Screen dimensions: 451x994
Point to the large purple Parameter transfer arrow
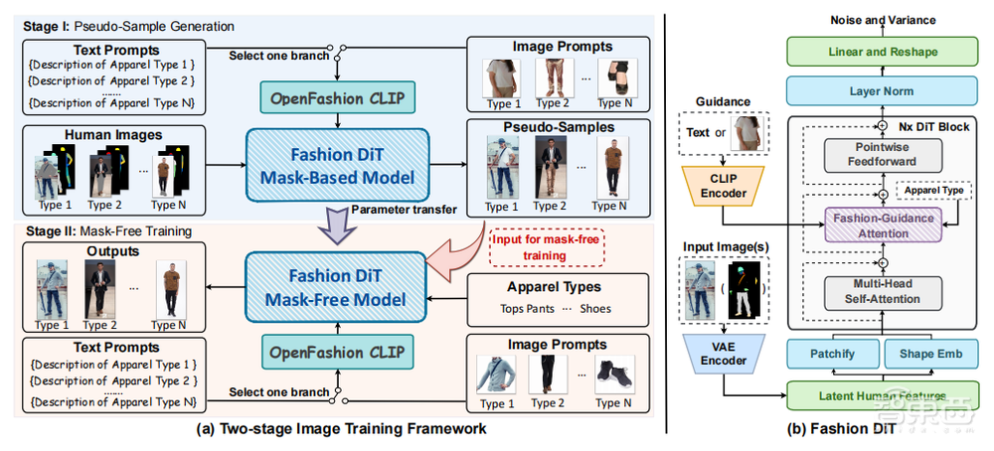point(335,226)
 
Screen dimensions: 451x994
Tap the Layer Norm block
point(875,91)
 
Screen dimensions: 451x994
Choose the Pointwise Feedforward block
point(866,155)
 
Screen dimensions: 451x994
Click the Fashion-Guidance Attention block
point(866,226)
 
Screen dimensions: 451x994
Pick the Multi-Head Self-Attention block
point(866,291)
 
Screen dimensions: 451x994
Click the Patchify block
point(830,353)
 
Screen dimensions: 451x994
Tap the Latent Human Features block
point(875,395)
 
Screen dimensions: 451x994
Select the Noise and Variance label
point(875,20)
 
